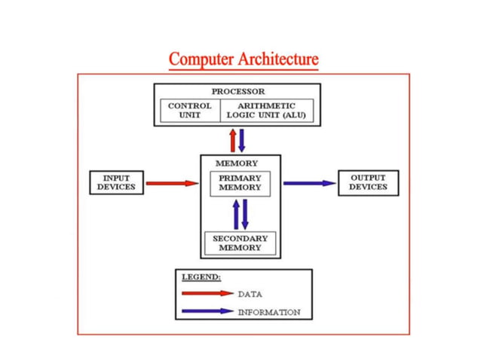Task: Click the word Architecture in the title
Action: [277, 59]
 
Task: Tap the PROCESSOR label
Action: [237, 91]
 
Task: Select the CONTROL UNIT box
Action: [189, 111]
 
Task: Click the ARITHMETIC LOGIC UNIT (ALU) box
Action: [266, 111]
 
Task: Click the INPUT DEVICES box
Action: [116, 182]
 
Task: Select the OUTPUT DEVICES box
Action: [367, 182]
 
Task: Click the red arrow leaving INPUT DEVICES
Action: [171, 183]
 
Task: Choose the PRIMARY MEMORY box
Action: [240, 184]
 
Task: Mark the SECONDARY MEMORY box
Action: [240, 243]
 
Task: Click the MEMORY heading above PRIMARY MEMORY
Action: [236, 163]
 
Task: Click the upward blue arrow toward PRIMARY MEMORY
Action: [236, 215]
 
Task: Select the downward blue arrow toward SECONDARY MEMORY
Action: [245, 215]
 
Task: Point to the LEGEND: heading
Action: [201, 277]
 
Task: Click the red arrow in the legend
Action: [207, 294]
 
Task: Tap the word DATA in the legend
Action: [250, 294]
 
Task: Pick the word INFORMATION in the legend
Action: [268, 312]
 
